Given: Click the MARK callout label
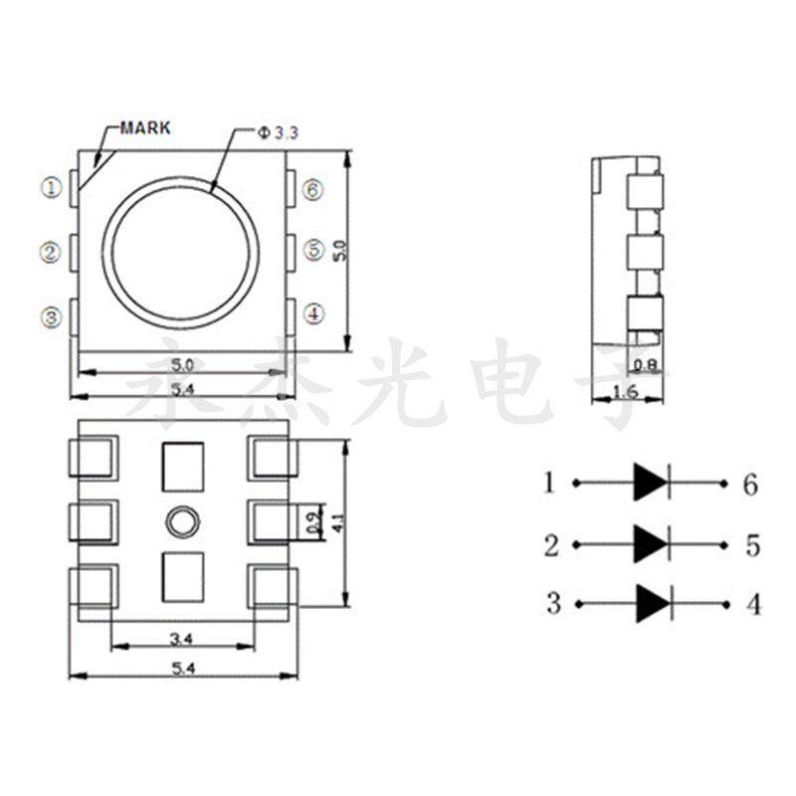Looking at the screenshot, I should [x=144, y=128].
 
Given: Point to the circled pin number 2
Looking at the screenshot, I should [x=51, y=252].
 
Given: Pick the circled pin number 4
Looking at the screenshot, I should [x=313, y=314].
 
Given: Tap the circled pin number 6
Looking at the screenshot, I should [x=313, y=189].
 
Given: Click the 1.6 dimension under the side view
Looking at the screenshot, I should [x=624, y=391].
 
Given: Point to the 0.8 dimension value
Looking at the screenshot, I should [x=646, y=365].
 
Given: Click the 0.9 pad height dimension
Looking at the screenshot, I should [x=312, y=521].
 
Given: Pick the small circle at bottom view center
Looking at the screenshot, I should [x=181, y=520].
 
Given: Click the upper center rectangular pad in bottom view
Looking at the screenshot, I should [x=181, y=466].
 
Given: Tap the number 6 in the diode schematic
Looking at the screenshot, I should [x=749, y=485].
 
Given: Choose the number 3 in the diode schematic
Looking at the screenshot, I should [x=553, y=603].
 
